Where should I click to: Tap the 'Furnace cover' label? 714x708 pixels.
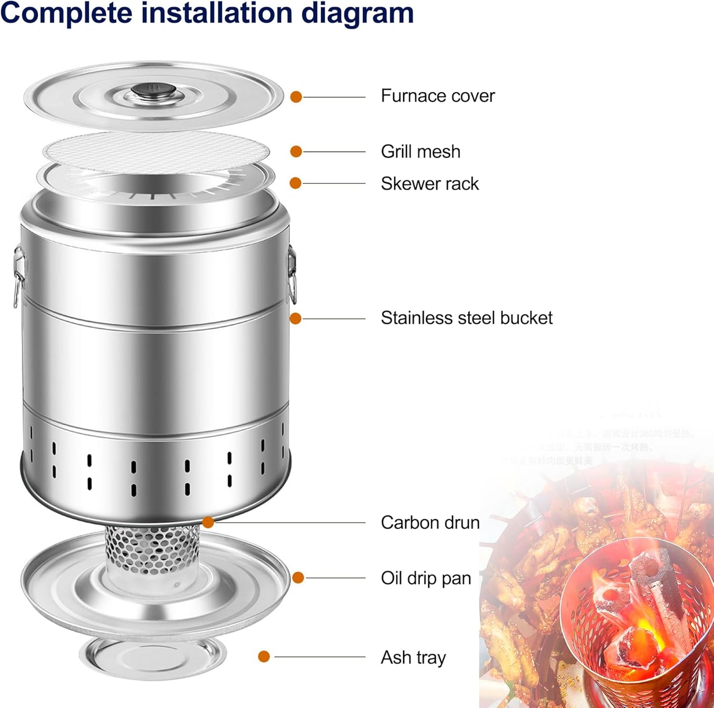pyautogui.click(x=437, y=96)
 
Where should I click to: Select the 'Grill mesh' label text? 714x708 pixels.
pyautogui.click(x=420, y=152)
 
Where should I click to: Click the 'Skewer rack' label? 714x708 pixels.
pyautogui.click(x=429, y=184)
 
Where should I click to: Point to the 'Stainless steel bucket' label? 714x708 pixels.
pyautogui.click(x=466, y=318)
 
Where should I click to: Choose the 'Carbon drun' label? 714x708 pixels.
pyautogui.click(x=430, y=523)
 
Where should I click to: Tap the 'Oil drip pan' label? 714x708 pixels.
pyautogui.click(x=426, y=578)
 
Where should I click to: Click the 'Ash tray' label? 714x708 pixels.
pyautogui.click(x=413, y=658)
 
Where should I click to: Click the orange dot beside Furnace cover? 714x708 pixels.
pyautogui.click(x=296, y=97)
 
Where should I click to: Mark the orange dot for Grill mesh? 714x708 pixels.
pyautogui.click(x=296, y=151)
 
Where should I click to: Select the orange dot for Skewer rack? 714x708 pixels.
pyautogui.click(x=295, y=183)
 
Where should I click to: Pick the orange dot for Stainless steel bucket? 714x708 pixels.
pyautogui.click(x=295, y=318)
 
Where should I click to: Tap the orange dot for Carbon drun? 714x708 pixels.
pyautogui.click(x=208, y=522)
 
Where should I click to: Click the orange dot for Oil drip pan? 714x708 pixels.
pyautogui.click(x=298, y=577)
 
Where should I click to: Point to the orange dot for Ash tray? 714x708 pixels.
pyautogui.click(x=264, y=657)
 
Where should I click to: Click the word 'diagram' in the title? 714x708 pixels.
pyautogui.click(x=357, y=13)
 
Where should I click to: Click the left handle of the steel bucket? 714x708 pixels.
pyautogui.click(x=18, y=274)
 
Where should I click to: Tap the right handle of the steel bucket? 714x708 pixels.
pyautogui.click(x=293, y=274)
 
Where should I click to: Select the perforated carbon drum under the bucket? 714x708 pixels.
pyautogui.click(x=153, y=549)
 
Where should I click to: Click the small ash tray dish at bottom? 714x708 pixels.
pyautogui.click(x=153, y=658)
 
